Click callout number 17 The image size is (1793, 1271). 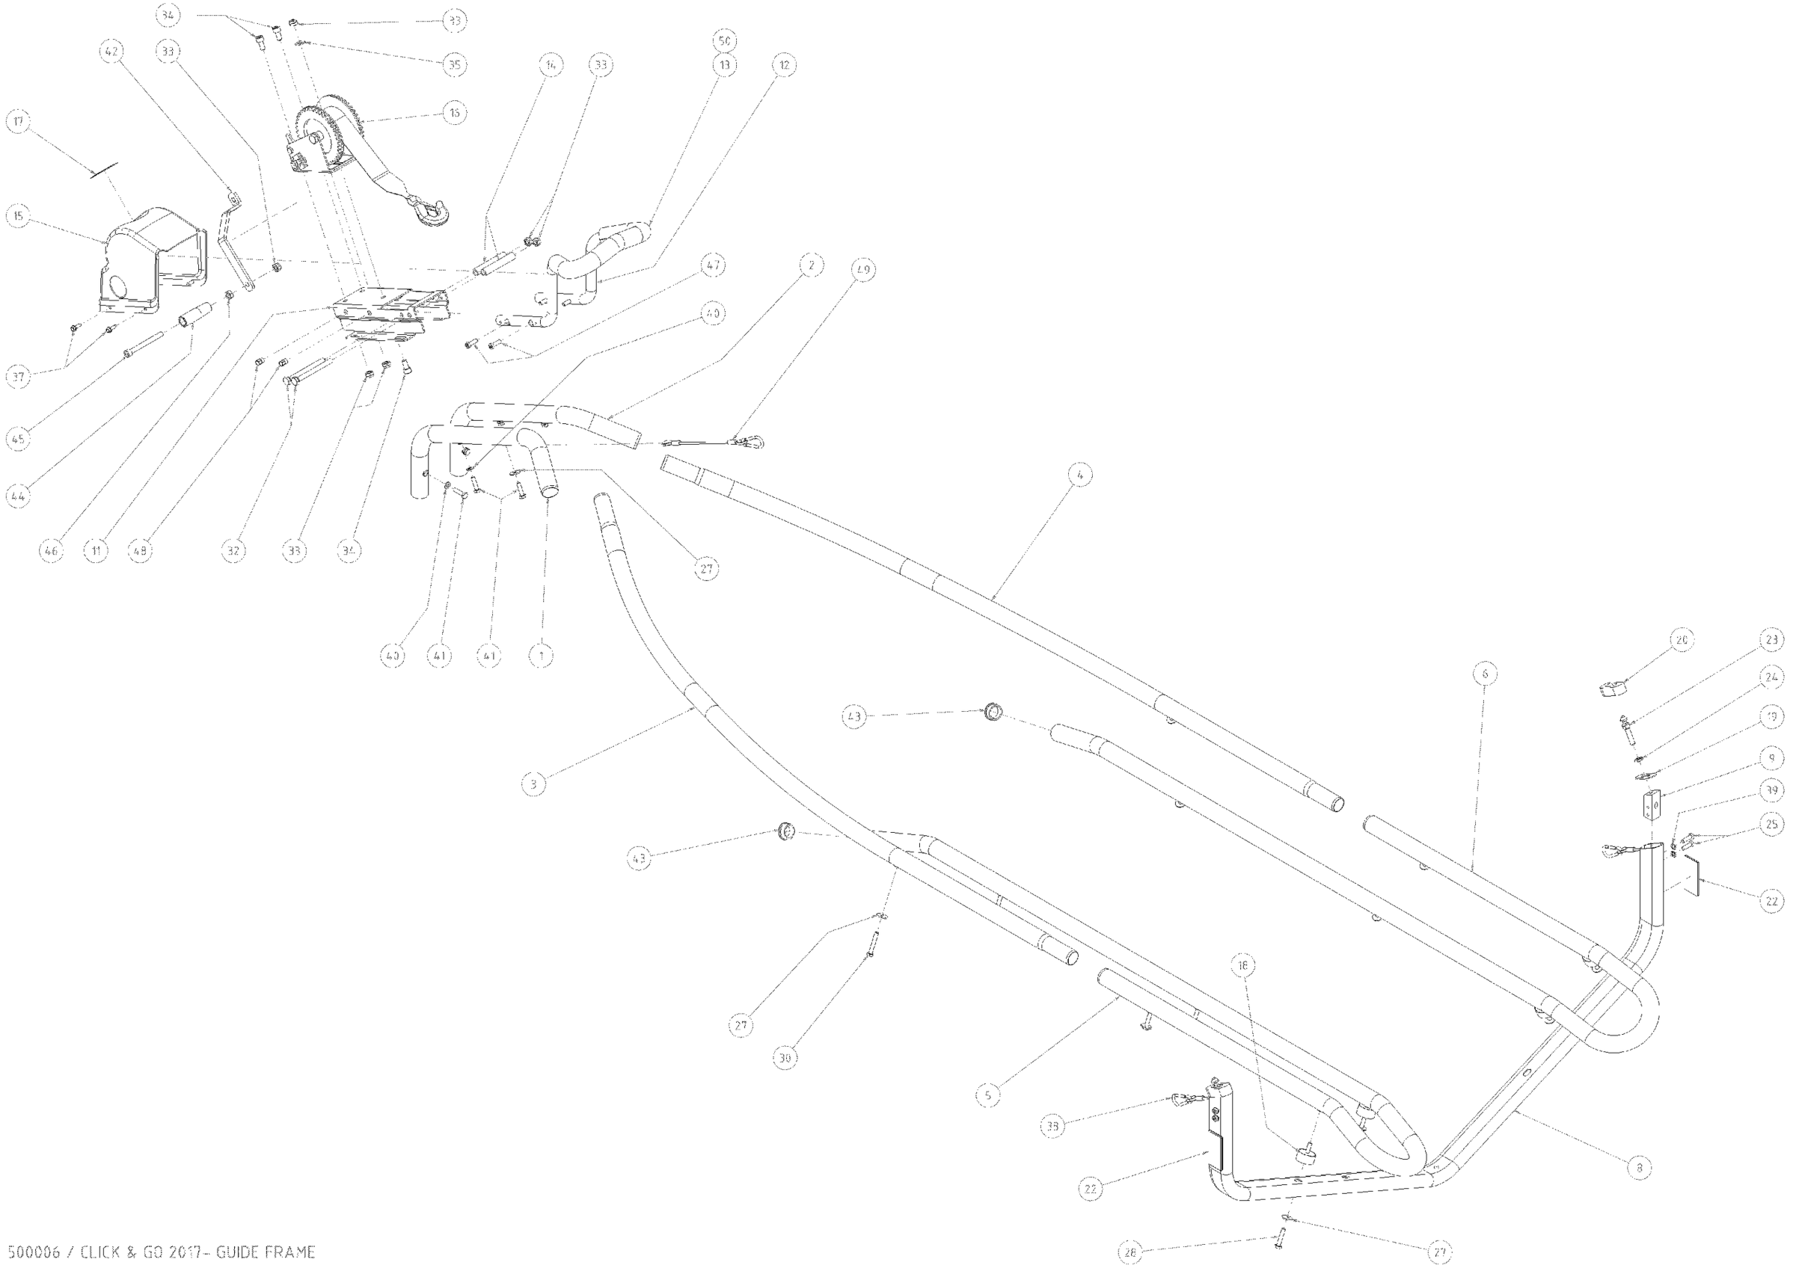[x=18, y=121]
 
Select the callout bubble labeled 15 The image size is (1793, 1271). [x=18, y=216]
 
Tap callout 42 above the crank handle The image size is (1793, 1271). [x=111, y=52]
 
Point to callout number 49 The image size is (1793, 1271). [x=862, y=270]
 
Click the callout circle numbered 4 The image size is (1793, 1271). [x=1079, y=474]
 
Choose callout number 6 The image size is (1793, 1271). [x=1485, y=674]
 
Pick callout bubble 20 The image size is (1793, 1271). [x=1681, y=640]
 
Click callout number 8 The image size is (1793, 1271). [x=1639, y=1168]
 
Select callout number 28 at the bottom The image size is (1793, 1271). [x=1130, y=1252]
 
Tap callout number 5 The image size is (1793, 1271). [x=988, y=1096]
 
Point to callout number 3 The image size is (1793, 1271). [x=533, y=784]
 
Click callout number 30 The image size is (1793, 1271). [x=785, y=1058]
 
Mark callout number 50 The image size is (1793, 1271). [x=724, y=40]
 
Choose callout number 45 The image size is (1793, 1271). [x=18, y=438]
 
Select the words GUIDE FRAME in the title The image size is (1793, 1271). [x=266, y=1252]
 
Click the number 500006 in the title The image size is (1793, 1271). [x=33, y=1252]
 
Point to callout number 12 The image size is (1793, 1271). [x=785, y=65]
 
